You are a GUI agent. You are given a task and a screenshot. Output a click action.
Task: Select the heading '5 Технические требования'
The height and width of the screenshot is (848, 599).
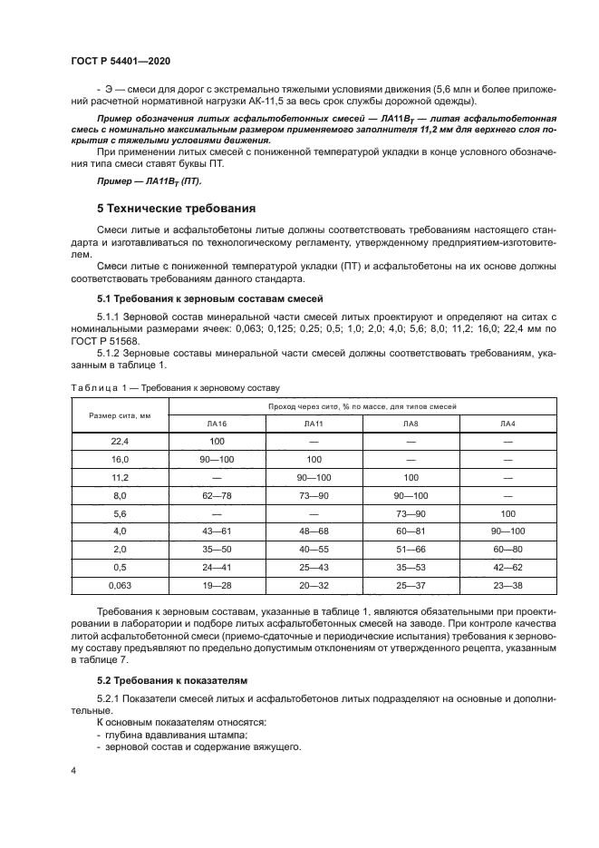(176, 208)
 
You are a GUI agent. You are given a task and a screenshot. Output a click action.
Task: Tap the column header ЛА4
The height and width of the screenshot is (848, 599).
(507, 424)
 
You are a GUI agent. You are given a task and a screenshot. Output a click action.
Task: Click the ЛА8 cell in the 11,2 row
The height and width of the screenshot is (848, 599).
(411, 477)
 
